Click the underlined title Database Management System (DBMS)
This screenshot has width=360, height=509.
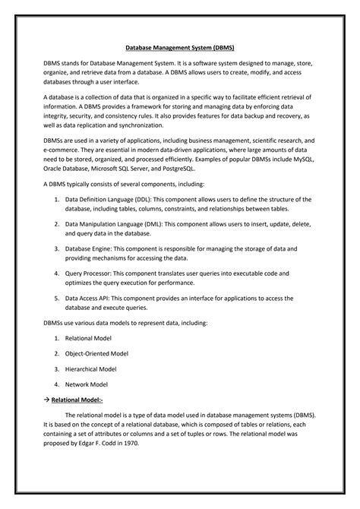point(179,47)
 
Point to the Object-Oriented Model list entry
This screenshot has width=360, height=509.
point(96,354)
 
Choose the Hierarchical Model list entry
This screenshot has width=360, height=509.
point(90,369)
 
